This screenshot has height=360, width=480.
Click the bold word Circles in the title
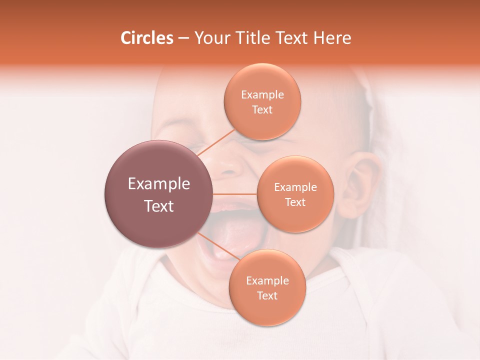coord(147,38)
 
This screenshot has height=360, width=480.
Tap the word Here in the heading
coord(332,38)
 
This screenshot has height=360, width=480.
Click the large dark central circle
coord(158,194)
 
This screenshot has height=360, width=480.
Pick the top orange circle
coord(262,101)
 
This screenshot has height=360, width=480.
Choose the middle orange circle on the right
coord(295,194)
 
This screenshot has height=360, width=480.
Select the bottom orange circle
coord(267,287)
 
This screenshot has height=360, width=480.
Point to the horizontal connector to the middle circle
coord(235,194)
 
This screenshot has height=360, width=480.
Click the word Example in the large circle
coord(158,184)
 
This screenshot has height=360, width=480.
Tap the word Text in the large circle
coord(158,206)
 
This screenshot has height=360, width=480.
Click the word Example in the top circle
coord(262,94)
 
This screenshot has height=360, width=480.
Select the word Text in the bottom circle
coord(267,295)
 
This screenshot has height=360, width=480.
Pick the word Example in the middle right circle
coord(295,187)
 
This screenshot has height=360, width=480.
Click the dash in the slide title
coord(183,38)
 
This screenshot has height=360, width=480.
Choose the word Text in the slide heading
coord(292,38)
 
